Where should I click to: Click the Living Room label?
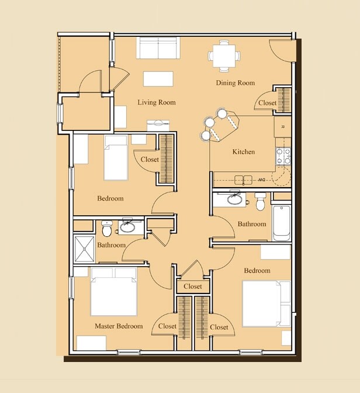pyautogui.click(x=157, y=102)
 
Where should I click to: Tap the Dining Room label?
pyautogui.click(x=236, y=83)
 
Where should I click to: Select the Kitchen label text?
pyautogui.click(x=244, y=151)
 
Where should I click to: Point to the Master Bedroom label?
pyautogui.click(x=119, y=326)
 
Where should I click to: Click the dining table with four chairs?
pyautogui.click(x=224, y=56)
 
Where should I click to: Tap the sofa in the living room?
pyautogui.click(x=158, y=48)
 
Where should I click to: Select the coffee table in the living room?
pyautogui.click(x=158, y=79)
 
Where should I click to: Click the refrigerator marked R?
pyautogui.click(x=282, y=127)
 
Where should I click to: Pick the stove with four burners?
pyautogui.click(x=283, y=157)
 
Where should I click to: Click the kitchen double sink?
pyautogui.click(x=243, y=180)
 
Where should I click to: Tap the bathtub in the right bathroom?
pyautogui.click(x=281, y=223)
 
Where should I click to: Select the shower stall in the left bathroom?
pyautogui.click(x=84, y=249)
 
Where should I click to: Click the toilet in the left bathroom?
pyautogui.click(x=107, y=228)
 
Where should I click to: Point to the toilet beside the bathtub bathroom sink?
pyautogui.click(x=260, y=201)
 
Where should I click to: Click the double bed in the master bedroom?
pyautogui.click(x=114, y=292)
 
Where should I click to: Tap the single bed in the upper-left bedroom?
pyautogui.click(x=116, y=157)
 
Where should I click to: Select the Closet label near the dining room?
pyautogui.click(x=267, y=103)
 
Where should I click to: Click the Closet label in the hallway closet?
pyautogui.click(x=193, y=286)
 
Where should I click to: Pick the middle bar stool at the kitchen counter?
pyautogui.click(x=210, y=122)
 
